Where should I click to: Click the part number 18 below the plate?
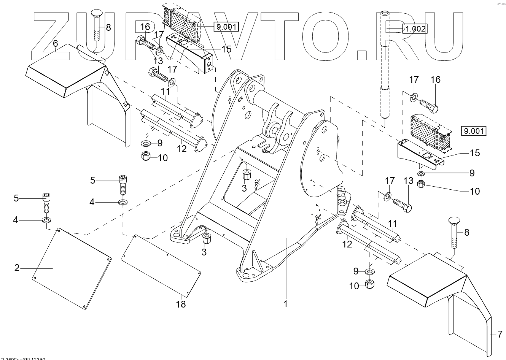point(181,304)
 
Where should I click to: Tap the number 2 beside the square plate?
point(17,268)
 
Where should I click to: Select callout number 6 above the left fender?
point(56,44)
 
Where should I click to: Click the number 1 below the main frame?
point(285,304)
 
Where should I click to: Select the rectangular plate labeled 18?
point(160,264)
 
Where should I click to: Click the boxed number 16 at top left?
point(145,27)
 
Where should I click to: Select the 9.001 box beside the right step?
point(474,132)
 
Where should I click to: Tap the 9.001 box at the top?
point(226,27)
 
